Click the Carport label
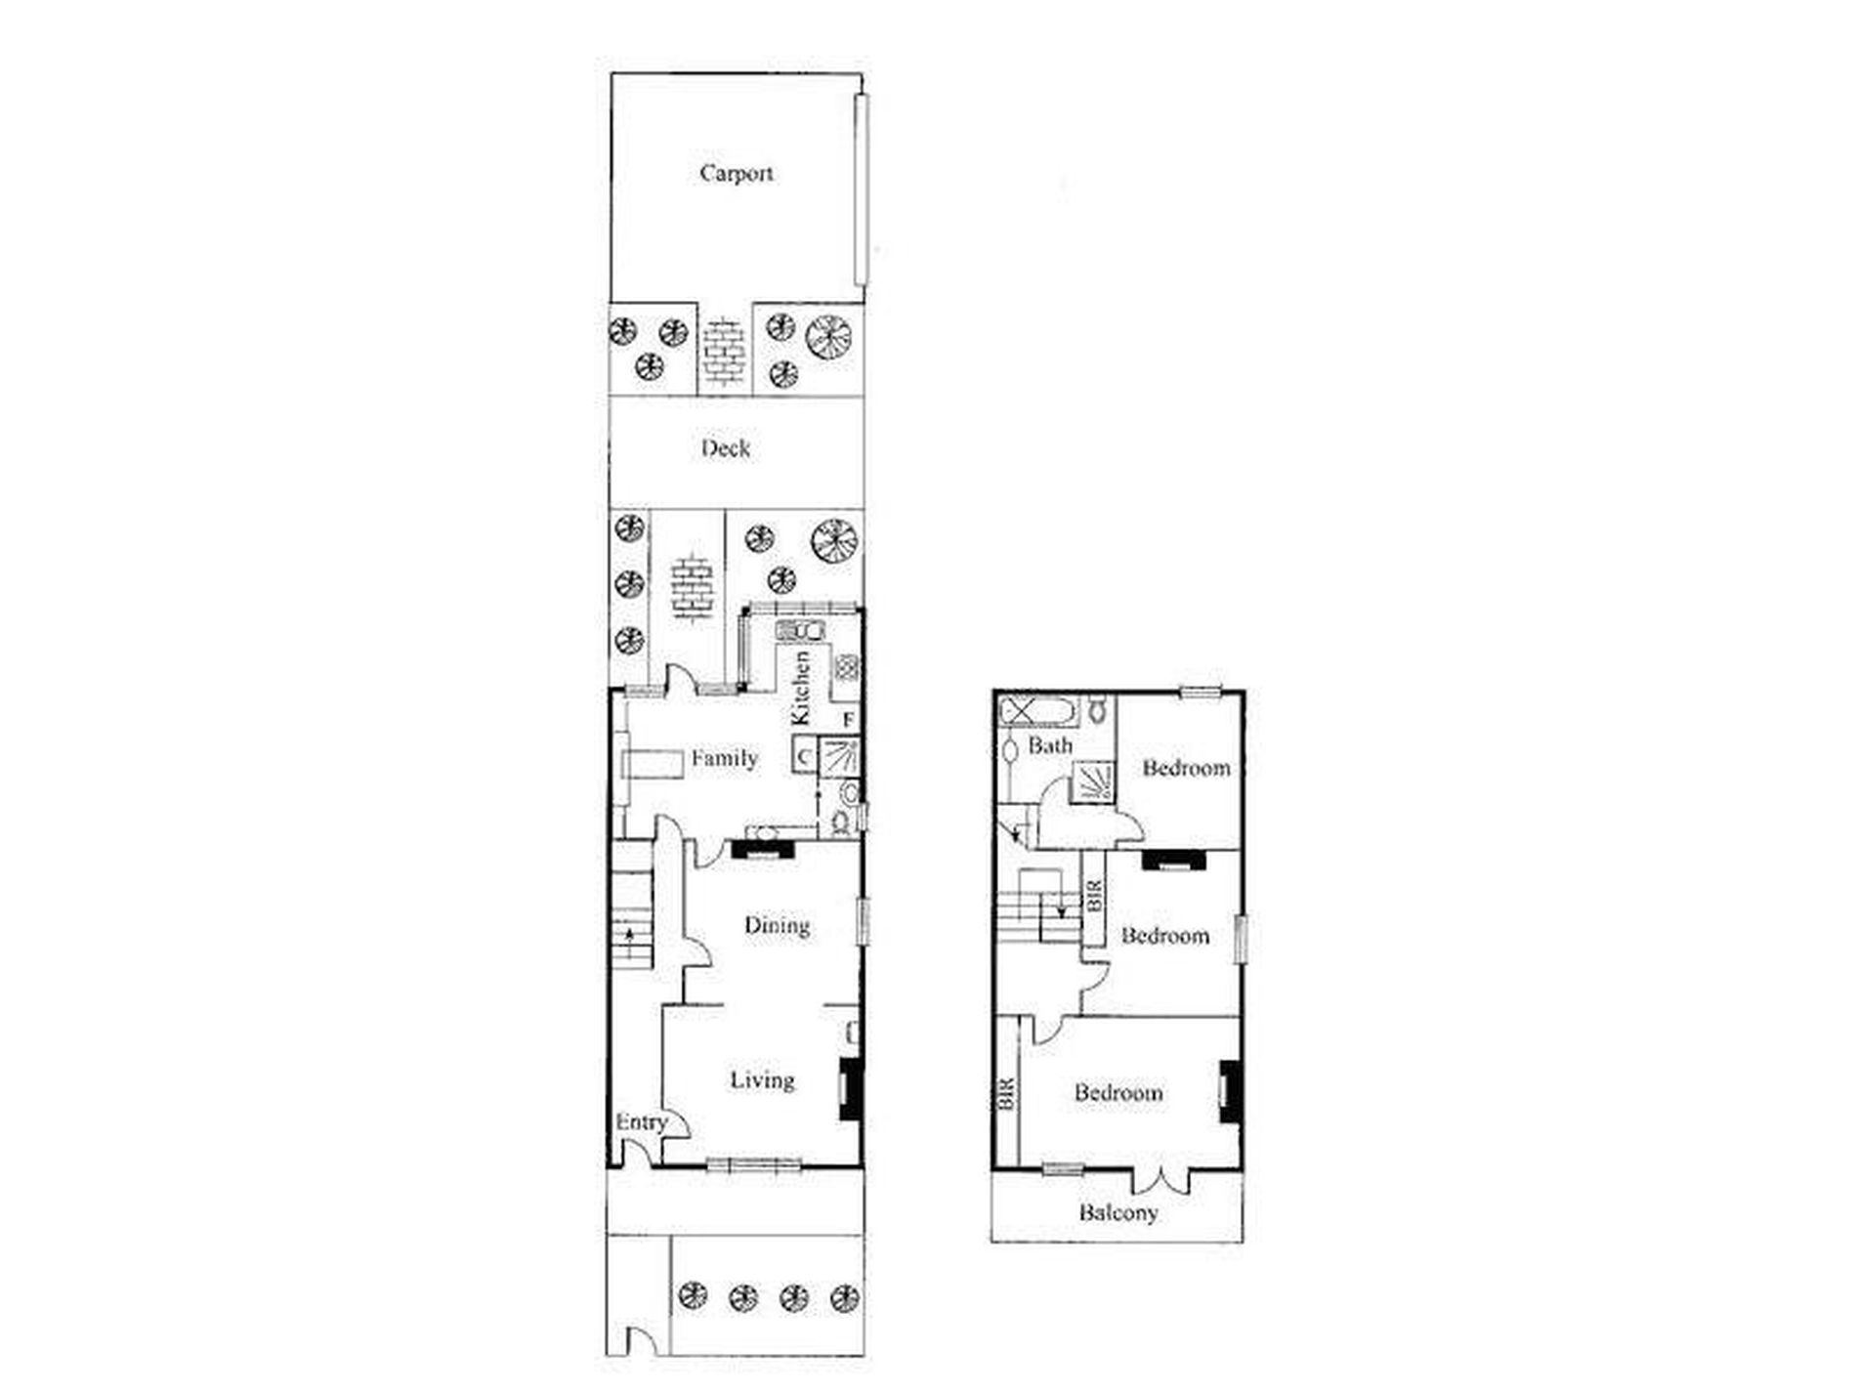737,174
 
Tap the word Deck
726,448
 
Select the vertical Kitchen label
800,688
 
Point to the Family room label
724,758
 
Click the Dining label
777,925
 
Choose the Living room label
763,1079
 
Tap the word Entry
641,1123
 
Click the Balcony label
1118,1213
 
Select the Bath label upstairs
1050,746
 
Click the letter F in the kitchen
849,720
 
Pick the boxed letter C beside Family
804,756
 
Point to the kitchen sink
800,630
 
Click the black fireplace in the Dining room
763,849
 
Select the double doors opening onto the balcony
1162,1180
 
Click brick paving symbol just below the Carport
724,353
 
